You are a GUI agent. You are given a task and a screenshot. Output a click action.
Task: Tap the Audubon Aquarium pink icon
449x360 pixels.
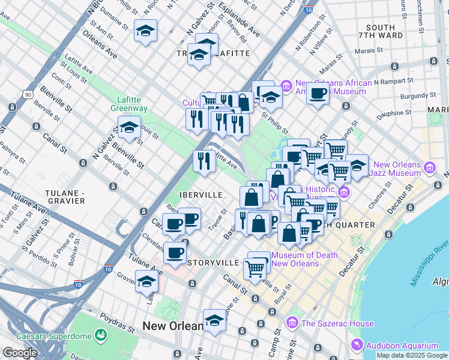tap(357, 345)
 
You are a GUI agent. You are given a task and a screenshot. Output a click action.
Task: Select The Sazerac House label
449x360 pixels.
tap(338, 323)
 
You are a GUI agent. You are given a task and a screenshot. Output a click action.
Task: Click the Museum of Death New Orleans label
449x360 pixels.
tap(304, 260)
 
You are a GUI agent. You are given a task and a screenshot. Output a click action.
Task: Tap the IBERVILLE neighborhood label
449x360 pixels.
tap(202, 195)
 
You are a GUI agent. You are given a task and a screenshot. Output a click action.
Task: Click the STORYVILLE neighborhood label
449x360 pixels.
tap(214, 263)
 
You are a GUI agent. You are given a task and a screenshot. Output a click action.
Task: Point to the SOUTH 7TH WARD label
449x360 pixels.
tap(380, 32)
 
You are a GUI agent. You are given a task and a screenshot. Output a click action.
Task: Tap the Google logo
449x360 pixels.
tap(20, 353)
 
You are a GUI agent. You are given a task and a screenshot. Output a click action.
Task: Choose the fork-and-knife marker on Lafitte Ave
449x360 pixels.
tap(204, 160)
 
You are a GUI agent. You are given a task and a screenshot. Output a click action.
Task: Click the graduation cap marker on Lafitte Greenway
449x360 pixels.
tap(128, 127)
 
